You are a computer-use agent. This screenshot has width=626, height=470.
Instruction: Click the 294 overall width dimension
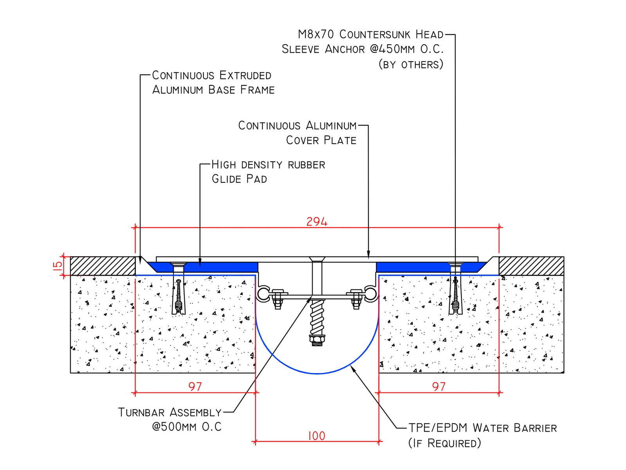pos(317,221)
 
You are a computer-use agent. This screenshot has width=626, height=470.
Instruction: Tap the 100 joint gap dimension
pos(317,436)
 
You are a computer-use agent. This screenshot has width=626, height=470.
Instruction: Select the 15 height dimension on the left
pos(58,266)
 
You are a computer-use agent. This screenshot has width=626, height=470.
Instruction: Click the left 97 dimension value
pos(195,387)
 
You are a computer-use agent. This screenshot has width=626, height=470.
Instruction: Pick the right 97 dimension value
pos(439,387)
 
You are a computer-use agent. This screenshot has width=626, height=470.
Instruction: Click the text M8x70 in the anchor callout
pos(316,34)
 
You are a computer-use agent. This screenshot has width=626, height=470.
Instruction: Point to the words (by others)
pos(411,65)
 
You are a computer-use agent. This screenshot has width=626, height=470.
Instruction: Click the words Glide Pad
pos(239,179)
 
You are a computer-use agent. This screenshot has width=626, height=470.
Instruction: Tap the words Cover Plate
pos(321,140)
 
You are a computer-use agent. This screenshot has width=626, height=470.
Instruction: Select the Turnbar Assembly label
pos(170,412)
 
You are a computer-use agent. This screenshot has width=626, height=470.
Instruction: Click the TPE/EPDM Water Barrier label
pos(482,428)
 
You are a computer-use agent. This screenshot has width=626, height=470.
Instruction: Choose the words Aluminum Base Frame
pos(213,90)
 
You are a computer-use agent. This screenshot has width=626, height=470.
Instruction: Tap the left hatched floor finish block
pos(103,266)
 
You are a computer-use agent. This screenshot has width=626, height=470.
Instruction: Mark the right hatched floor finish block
pos(531,266)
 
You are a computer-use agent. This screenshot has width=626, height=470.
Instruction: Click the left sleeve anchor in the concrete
pos(178,297)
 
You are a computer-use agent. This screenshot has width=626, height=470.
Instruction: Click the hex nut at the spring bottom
pos(317,339)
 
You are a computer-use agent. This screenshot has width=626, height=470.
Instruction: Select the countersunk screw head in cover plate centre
pos(317,259)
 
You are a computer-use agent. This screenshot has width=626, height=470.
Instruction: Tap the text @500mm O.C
pos(187,427)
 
